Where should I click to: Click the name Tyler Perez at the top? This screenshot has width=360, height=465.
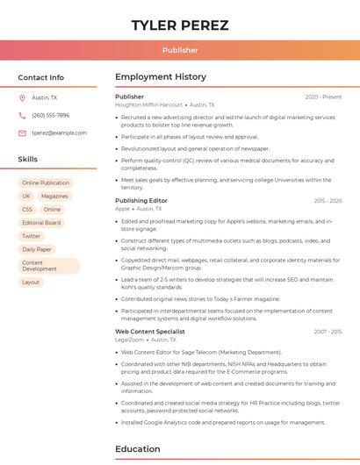(180, 25)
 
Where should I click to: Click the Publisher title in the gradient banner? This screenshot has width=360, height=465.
(180, 50)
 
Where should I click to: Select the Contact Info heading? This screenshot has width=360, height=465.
(41, 77)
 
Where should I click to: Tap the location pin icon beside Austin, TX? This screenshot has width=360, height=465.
(22, 97)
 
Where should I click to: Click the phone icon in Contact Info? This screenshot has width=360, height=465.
(22, 115)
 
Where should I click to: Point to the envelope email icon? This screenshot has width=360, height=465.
(22, 132)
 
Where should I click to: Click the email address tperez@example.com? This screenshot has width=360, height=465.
(59, 132)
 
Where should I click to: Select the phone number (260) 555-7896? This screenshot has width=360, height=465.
(50, 115)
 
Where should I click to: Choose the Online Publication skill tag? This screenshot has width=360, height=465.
(46, 183)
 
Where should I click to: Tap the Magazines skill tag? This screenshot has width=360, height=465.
(54, 197)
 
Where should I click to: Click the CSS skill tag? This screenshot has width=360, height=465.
(27, 210)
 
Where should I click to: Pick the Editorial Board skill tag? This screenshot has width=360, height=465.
(41, 223)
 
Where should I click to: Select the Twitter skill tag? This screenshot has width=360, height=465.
(32, 236)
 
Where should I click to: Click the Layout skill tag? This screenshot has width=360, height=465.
(31, 282)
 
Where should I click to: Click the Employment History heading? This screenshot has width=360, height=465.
(161, 77)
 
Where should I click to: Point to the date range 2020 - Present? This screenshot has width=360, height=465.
(323, 97)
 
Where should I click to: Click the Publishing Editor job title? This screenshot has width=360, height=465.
(141, 201)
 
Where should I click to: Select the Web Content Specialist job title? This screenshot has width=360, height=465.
(150, 332)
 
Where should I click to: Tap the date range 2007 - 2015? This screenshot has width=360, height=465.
(328, 332)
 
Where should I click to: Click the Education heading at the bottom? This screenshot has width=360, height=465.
(137, 449)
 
